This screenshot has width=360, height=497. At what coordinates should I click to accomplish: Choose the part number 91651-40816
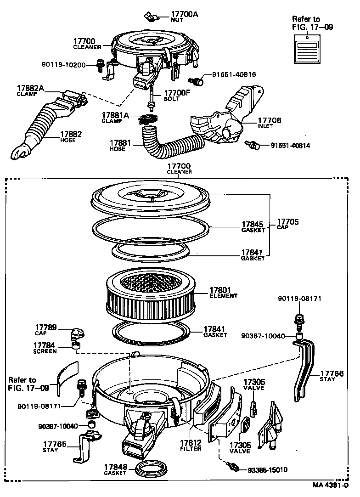(x=234, y=74)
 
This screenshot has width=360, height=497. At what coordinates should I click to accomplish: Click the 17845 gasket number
(x=253, y=225)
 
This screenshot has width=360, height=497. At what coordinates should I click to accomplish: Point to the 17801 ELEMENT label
(x=223, y=293)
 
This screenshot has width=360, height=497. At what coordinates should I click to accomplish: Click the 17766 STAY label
(x=332, y=376)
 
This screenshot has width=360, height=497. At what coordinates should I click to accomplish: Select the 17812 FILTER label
(x=191, y=445)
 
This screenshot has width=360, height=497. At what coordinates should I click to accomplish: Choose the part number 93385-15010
(x=267, y=470)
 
